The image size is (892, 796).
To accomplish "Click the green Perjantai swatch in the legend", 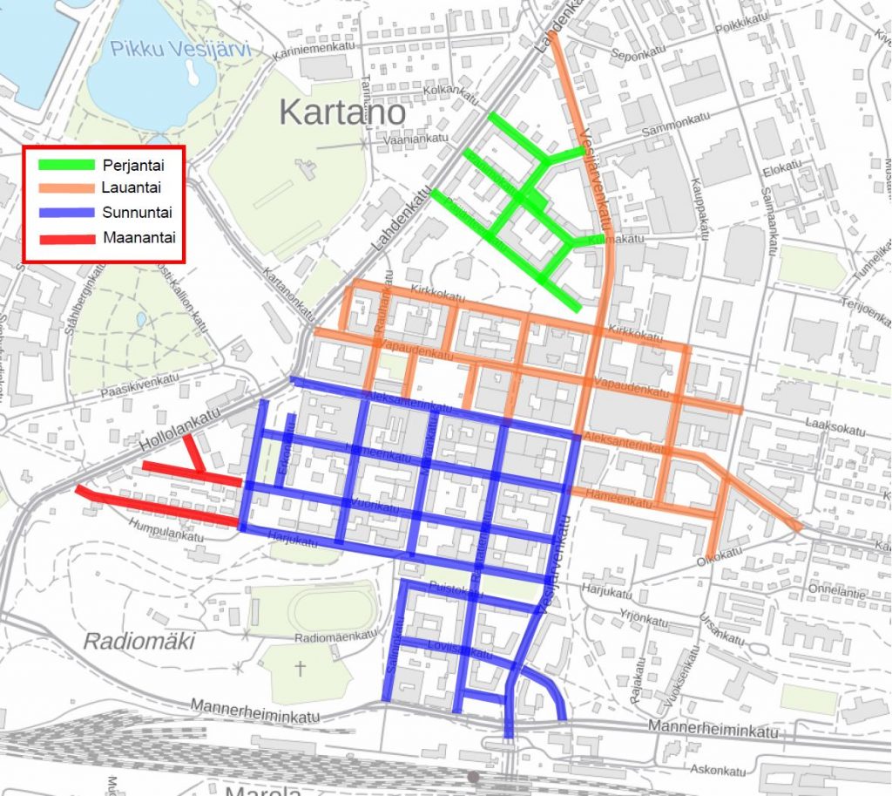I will point(66,164).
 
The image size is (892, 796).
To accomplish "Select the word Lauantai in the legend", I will point(131,187).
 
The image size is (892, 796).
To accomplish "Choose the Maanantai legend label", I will point(137,236).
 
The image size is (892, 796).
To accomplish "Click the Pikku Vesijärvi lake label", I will point(179,50).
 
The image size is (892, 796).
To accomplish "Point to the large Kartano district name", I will point(342,112).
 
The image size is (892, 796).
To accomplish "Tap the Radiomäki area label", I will point(139,642).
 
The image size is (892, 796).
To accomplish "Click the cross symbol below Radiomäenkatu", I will point(301,668).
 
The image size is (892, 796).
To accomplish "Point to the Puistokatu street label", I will point(463,591).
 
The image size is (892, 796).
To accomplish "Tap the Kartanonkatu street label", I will point(288,296).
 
